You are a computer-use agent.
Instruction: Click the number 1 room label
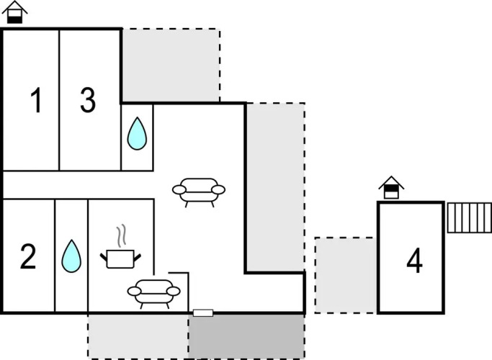[35, 102]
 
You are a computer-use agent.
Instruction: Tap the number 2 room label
[28, 257]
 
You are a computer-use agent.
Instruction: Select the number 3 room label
[87, 102]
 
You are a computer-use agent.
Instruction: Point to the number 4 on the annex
[414, 262]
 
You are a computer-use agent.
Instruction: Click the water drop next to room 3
[137, 133]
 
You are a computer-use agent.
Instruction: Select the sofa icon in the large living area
[199, 191]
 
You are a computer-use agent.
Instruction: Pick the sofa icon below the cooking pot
[153, 292]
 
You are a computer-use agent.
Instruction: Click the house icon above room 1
[15, 12]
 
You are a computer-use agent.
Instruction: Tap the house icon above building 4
[391, 187]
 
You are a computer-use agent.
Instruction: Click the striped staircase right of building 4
[469, 217]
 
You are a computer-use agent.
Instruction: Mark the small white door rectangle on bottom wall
[203, 313]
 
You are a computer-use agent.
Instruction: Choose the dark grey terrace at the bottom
[246, 335]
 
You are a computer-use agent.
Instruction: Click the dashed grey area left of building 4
[345, 275]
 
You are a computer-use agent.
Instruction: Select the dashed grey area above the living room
[171, 65]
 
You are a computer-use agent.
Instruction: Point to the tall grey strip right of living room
[275, 187]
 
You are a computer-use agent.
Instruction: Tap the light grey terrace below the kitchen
[138, 335]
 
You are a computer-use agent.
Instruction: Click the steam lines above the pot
[122, 235]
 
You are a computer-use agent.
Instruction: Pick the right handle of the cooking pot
[138, 256]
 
